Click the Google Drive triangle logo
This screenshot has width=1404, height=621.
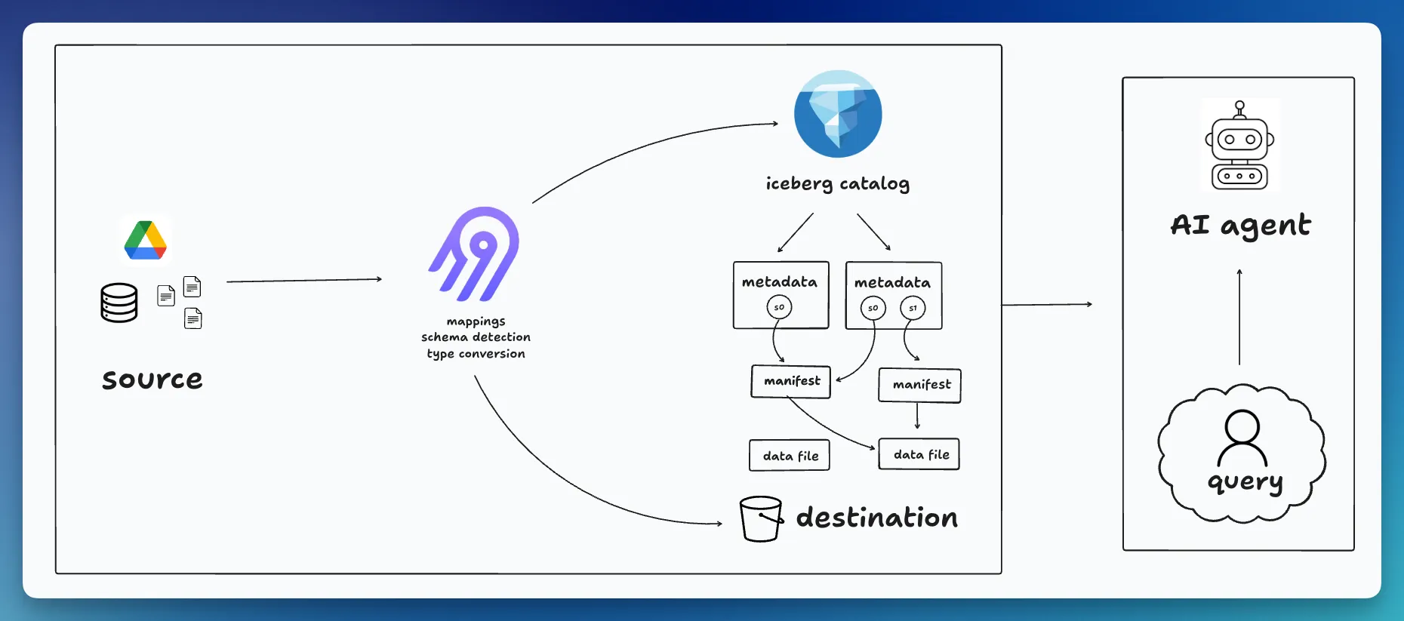point(146,241)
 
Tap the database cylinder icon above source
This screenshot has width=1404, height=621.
point(119,303)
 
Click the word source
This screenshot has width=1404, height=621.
point(152,379)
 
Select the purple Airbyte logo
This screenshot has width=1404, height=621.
point(475,254)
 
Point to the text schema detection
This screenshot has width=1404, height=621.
point(476,337)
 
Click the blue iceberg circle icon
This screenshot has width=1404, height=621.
point(838,114)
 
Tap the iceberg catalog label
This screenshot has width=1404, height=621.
point(837,183)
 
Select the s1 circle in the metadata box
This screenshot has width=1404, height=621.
point(913,308)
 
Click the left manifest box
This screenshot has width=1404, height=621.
point(791,381)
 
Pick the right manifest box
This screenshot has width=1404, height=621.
point(920,385)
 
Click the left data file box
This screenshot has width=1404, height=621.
point(790,456)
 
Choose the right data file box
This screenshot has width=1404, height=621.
point(919,454)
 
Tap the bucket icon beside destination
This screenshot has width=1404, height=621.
point(760,518)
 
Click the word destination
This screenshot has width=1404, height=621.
point(877,518)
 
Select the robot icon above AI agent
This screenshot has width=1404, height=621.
point(1239,146)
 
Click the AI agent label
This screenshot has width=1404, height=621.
point(1240,225)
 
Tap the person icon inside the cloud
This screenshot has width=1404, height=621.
point(1242,438)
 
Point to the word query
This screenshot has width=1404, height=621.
point(1245,481)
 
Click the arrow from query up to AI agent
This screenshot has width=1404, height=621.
point(1239,317)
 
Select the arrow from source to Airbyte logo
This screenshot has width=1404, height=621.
point(304,280)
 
